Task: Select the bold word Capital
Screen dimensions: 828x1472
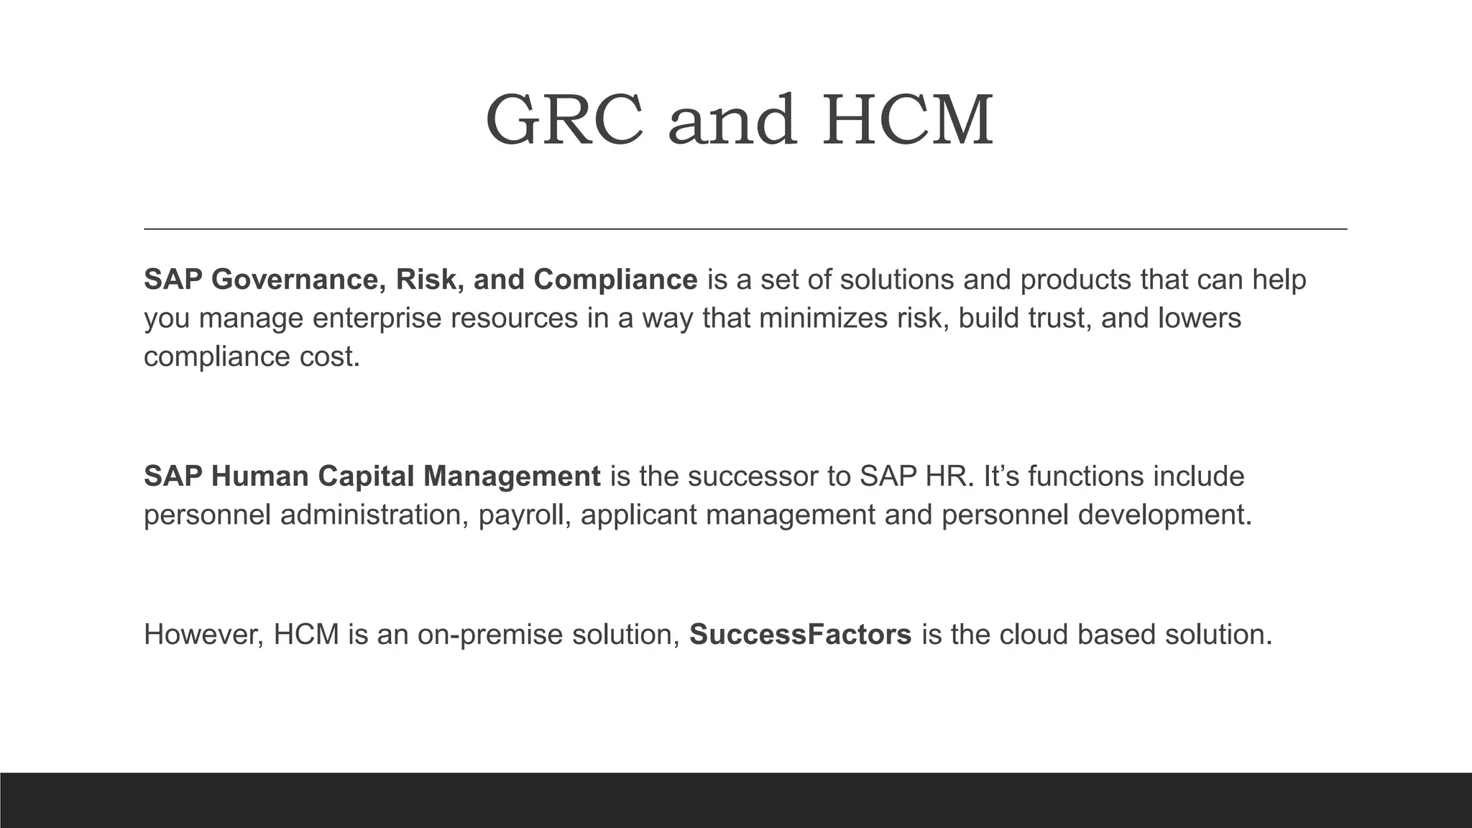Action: pos(366,477)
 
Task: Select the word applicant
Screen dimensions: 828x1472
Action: pos(638,515)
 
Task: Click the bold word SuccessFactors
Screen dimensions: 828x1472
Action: pos(800,635)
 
